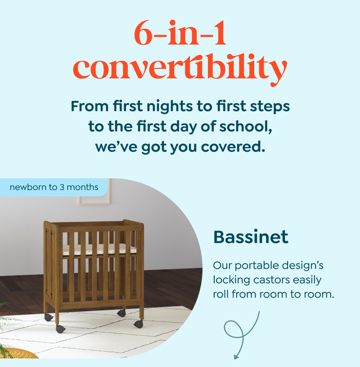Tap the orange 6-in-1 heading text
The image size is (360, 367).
(180, 33)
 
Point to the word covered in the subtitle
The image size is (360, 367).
(233, 147)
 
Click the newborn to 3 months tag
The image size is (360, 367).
(54, 187)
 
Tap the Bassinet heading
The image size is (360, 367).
(251, 237)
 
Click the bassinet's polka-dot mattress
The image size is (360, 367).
(99, 249)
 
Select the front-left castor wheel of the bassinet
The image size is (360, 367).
(61, 329)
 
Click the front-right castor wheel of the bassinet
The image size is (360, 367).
(139, 324)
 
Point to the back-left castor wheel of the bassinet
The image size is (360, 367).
(49, 317)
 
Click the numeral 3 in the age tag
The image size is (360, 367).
(62, 187)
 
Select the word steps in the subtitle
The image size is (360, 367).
(270, 107)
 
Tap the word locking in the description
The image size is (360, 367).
(231, 281)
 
